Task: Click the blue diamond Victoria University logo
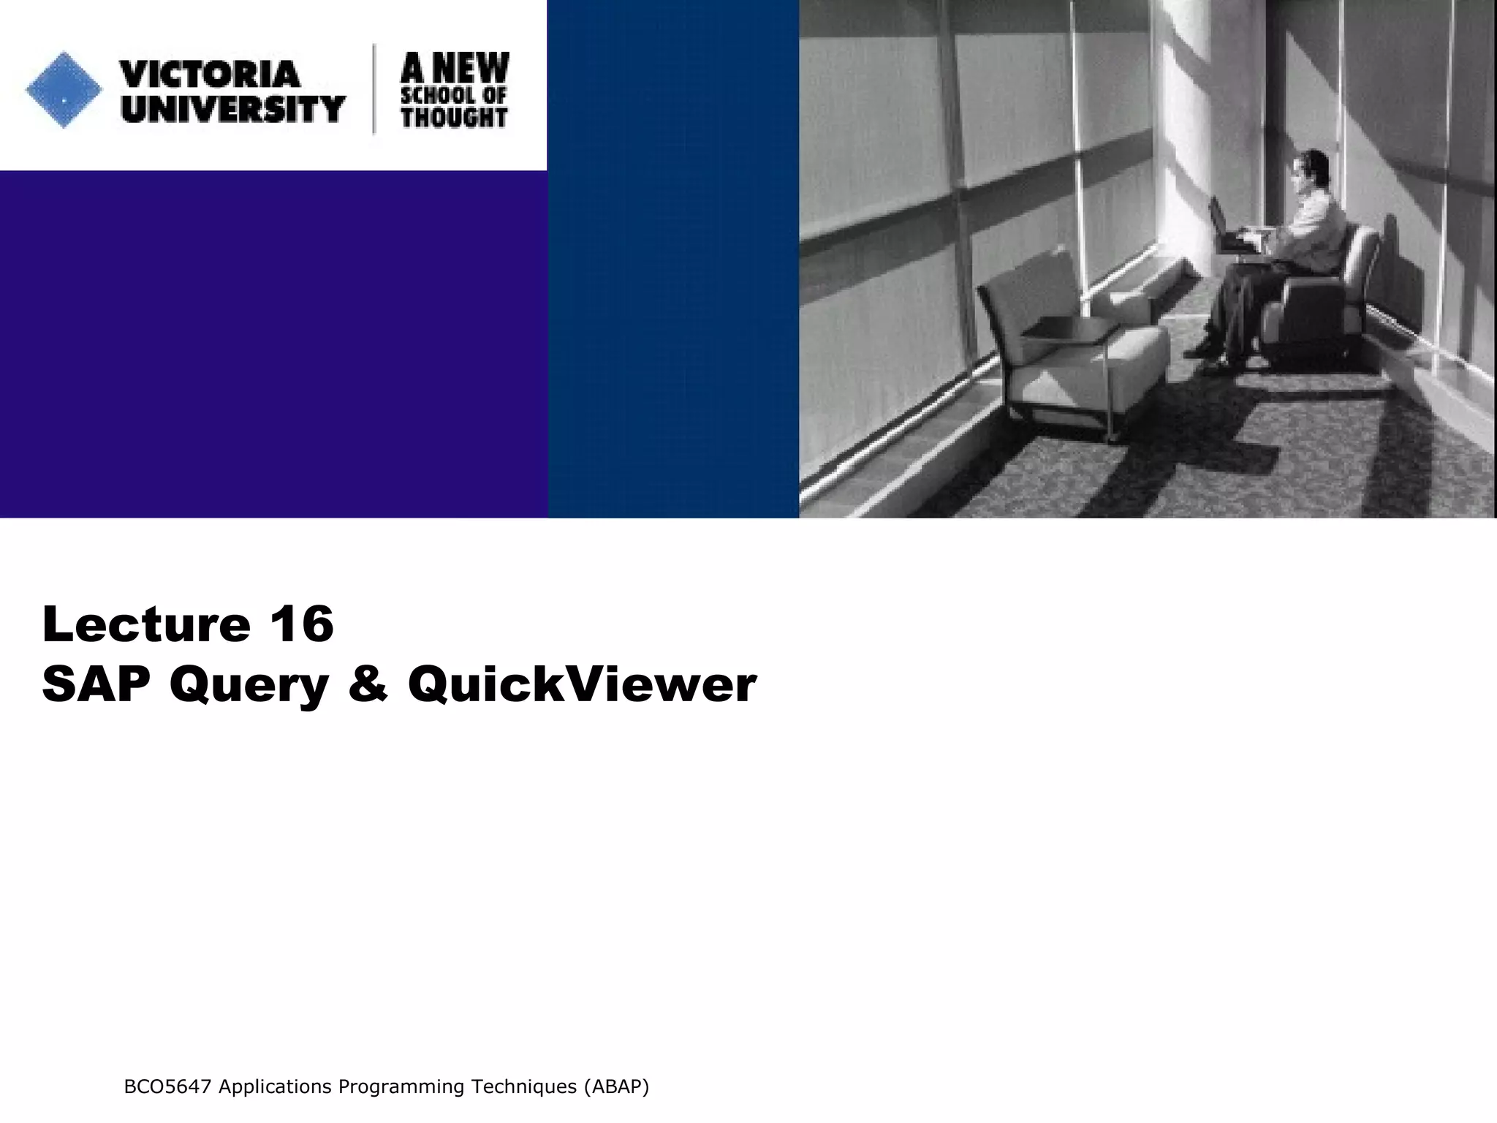[x=64, y=90]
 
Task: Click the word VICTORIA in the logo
[x=210, y=75]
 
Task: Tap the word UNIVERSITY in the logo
[x=232, y=109]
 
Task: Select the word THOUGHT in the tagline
[x=454, y=117]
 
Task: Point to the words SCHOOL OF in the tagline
[x=454, y=95]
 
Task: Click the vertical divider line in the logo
[x=375, y=89]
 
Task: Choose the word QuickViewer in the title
[x=582, y=685]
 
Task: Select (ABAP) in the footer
[x=616, y=1087]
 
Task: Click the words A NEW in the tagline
[x=455, y=69]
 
